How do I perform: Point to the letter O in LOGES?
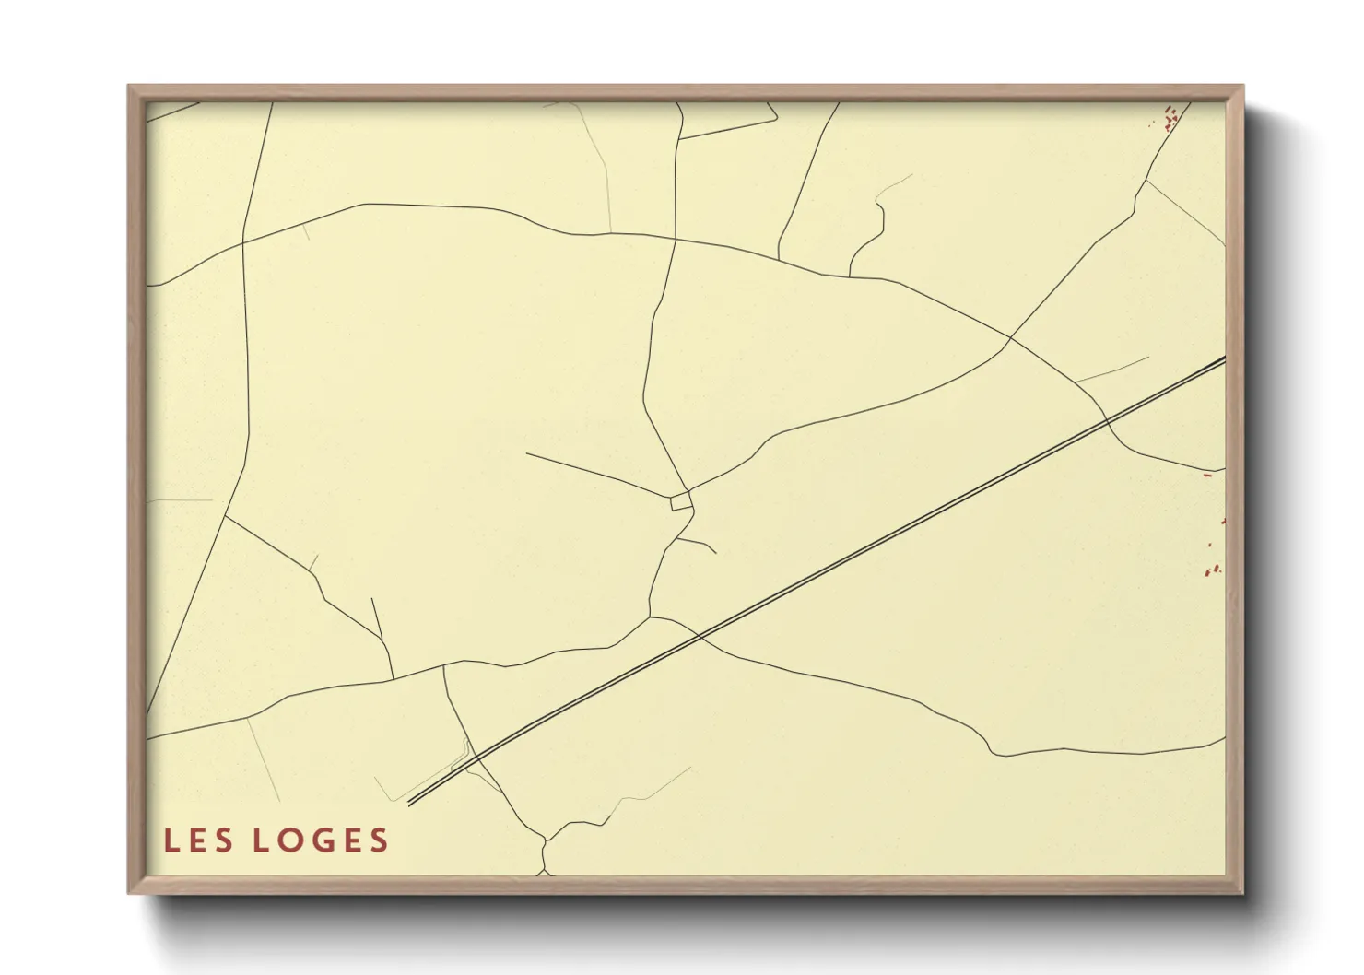pos(300,840)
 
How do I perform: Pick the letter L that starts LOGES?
pos(262,840)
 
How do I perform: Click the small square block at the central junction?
pos(681,501)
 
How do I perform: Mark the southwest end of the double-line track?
pos(409,803)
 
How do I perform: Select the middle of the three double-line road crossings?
pos(700,636)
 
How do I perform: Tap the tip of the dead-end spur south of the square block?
pos(715,553)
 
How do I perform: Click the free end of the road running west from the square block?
pos(526,452)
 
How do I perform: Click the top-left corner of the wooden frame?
pos(129,87)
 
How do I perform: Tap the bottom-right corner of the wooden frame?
pos(1242,892)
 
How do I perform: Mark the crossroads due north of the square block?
pos(676,239)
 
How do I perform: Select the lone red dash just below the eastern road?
pos(1207,476)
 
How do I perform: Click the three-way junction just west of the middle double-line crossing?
pos(651,617)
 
